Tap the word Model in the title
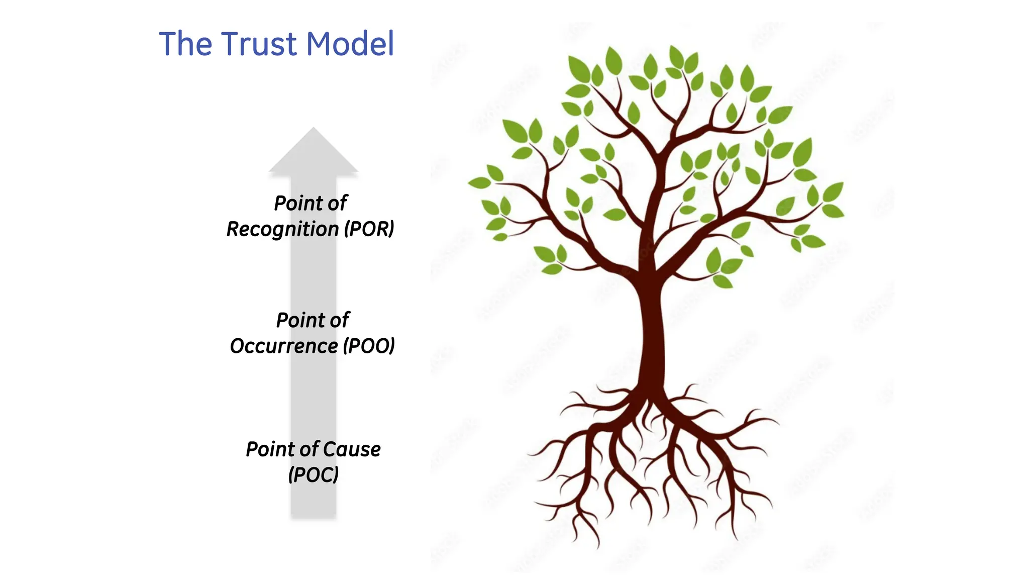pos(350,44)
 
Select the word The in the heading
pos(185,44)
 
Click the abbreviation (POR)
pos(369,229)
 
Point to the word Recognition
pos(282,229)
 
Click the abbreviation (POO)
pos(369,346)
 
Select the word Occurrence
pos(284,346)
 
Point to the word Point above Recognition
pos(293,204)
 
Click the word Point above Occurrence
pos(296,321)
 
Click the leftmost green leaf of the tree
pos(478,182)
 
